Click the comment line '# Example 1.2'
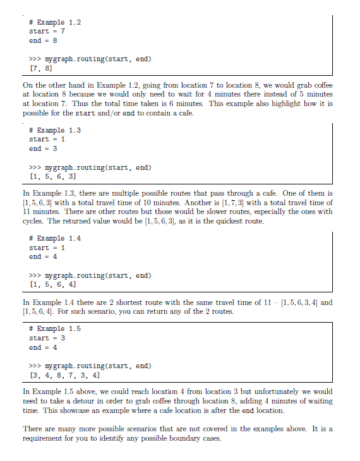click(x=56, y=22)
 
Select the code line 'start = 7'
click(x=47, y=31)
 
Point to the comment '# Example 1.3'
click(x=56, y=130)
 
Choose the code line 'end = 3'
click(x=44, y=148)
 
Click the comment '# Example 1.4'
click(x=56, y=238)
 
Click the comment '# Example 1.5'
click(x=56, y=328)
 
